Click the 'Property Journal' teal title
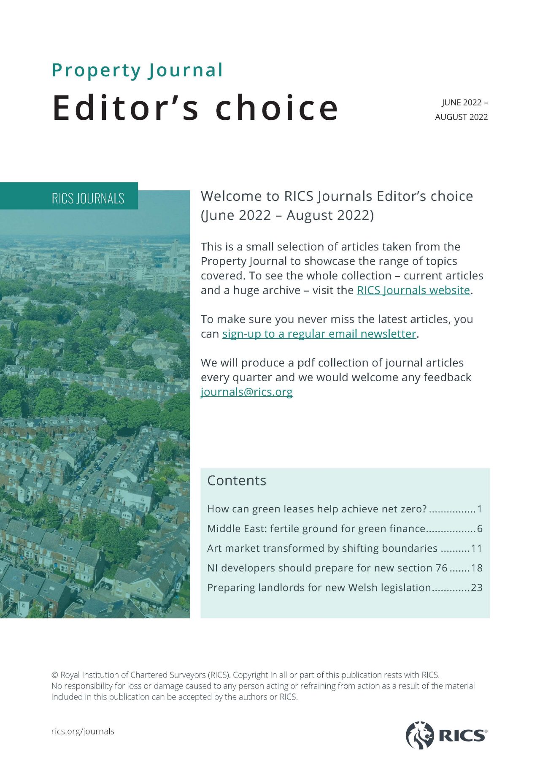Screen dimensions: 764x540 click(137, 70)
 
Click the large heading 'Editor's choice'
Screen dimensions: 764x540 click(195, 108)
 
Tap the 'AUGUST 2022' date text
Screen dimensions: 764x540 click(461, 117)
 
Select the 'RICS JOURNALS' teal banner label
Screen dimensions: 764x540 click(88, 198)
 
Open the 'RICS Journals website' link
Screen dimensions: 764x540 click(413, 290)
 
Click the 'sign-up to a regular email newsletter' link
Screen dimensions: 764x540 click(319, 334)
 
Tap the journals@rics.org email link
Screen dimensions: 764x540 click(246, 392)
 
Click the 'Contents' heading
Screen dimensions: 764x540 click(237, 480)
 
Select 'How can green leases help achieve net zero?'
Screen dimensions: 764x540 click(317, 509)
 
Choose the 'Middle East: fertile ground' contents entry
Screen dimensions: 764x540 click(316, 528)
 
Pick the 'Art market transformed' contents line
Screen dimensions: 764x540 click(322, 548)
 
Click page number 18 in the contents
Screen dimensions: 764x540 click(477, 568)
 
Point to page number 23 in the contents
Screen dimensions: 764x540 click(477, 588)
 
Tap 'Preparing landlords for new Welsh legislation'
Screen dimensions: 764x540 click(319, 588)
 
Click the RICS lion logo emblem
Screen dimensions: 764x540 click(419, 735)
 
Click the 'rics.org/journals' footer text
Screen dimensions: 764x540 click(83, 731)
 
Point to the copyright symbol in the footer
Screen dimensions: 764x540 click(55, 675)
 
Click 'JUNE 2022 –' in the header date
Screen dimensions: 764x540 click(464, 103)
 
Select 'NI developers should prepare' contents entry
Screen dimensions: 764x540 click(327, 568)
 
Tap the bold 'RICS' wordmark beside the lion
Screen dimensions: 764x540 click(462, 736)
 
